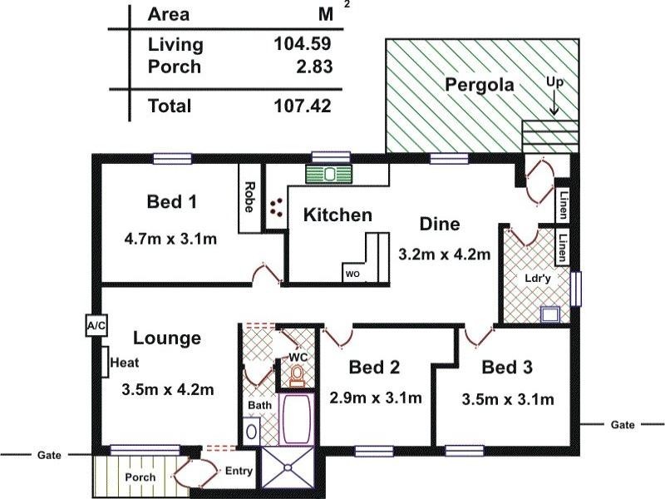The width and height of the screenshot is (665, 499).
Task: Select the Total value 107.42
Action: pyautogui.click(x=303, y=106)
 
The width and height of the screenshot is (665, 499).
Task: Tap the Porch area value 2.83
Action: pyautogui.click(x=313, y=67)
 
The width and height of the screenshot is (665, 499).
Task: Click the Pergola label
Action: pyautogui.click(x=480, y=85)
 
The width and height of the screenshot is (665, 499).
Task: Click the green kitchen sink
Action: pyautogui.click(x=330, y=175)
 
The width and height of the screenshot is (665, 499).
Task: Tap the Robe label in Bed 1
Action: pyautogui.click(x=249, y=196)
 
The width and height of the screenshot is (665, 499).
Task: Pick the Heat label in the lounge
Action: pyautogui.click(x=124, y=363)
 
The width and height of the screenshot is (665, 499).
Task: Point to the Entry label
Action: pyautogui.click(x=239, y=472)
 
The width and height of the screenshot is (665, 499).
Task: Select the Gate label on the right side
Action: pyautogui.click(x=623, y=424)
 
